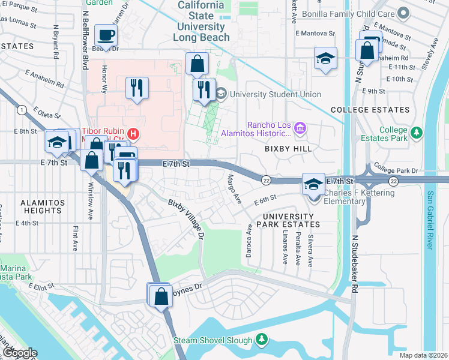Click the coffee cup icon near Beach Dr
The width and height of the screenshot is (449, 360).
[x=106, y=36]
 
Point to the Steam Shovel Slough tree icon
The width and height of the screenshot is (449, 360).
[x=261, y=340]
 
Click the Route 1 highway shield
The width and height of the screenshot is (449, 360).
[x=22, y=109]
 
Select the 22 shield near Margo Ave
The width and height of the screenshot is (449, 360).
[x=265, y=180]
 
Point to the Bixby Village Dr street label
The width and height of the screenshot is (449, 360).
[x=187, y=218]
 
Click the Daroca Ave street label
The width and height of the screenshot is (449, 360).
[x=249, y=241]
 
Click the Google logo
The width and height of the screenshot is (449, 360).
[x=19, y=353]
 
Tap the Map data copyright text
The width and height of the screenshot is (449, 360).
[x=424, y=355]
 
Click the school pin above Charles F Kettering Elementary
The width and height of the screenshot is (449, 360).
[x=313, y=183]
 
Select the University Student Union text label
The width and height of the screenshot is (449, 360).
[x=276, y=94]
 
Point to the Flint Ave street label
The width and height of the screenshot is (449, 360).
[x=76, y=238]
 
